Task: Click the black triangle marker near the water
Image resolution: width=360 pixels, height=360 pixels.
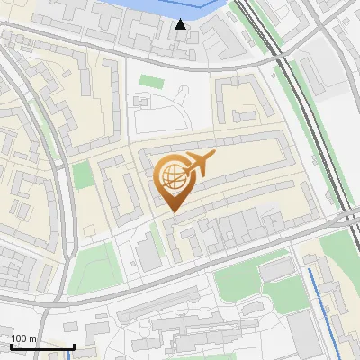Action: click(181, 24)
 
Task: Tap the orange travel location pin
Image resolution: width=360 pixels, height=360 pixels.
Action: click(172, 181)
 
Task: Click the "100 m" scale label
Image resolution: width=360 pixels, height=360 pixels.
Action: click(24, 338)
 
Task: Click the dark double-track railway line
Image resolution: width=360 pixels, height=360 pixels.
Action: click(315, 126)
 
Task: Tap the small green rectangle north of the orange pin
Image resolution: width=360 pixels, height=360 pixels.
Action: click(150, 82)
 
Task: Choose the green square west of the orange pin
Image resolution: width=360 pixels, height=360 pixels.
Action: click(83, 175)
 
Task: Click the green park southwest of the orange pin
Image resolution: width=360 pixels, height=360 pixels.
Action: click(94, 265)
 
